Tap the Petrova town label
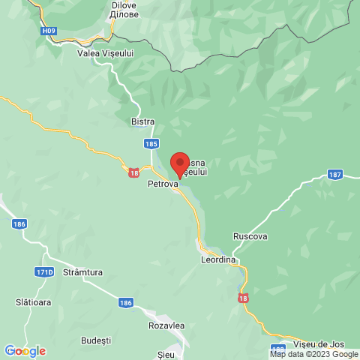pos(163,183)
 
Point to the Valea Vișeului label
pos(105,53)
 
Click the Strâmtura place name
pos(82,272)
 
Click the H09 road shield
pos(49,31)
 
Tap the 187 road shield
pos(334,175)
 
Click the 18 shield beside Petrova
pos(133,172)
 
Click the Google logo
pos(25,351)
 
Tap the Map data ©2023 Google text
pos(314,355)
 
